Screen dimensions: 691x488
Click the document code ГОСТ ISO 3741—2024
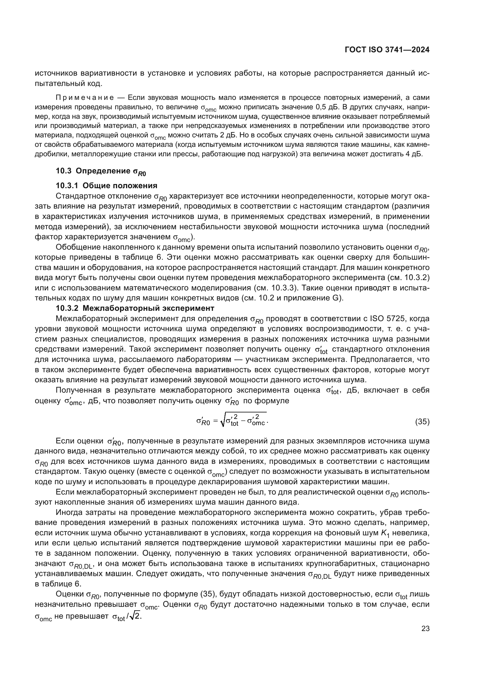(387, 50)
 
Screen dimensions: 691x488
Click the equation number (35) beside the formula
(422, 422)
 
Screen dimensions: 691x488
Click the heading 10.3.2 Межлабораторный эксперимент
(135, 308)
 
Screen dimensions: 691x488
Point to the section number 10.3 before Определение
(63, 171)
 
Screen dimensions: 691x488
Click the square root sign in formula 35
(223, 422)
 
